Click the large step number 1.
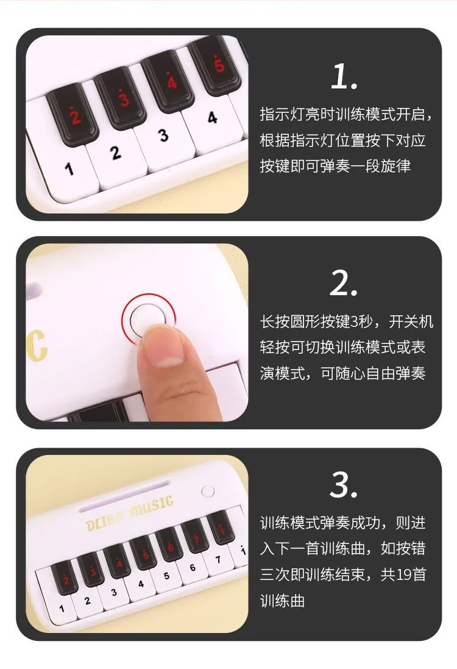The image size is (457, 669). click(x=344, y=76)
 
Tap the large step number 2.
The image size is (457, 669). click(x=344, y=284)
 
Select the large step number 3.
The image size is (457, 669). click(x=344, y=485)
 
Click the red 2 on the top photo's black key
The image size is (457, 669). click(x=74, y=115)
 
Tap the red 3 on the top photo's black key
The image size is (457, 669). click(x=124, y=98)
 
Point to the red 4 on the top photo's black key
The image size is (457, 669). click(x=171, y=80)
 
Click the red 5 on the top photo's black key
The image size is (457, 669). click(x=219, y=64)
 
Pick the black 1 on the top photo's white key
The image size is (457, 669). click(x=69, y=169)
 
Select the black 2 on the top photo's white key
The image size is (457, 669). click(x=116, y=152)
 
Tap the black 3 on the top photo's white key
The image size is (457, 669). click(x=163, y=135)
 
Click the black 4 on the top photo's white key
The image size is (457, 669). click(x=212, y=118)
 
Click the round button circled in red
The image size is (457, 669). click(x=147, y=319)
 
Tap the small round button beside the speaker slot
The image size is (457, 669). click(x=208, y=492)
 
